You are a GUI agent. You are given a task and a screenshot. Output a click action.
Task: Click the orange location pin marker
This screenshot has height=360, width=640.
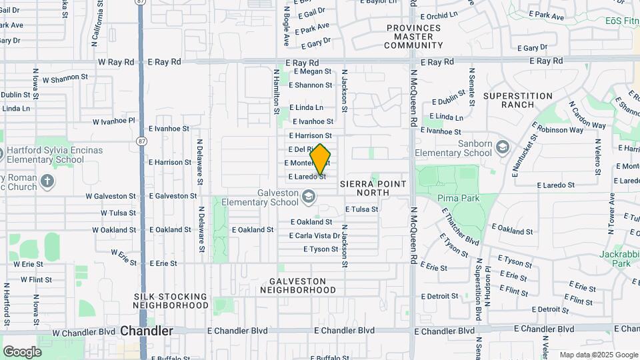click(x=321, y=159)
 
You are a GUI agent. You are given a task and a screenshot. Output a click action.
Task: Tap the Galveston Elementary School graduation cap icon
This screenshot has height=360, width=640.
click(x=308, y=197)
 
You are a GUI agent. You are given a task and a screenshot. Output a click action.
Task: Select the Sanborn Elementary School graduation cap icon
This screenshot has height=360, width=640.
click(x=502, y=147)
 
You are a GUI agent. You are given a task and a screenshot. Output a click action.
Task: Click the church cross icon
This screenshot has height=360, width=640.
click(x=47, y=181)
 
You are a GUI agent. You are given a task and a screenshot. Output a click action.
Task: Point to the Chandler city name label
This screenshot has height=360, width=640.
click(x=147, y=331)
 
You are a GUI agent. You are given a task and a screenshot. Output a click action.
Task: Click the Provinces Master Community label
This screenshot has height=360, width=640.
click(x=413, y=37)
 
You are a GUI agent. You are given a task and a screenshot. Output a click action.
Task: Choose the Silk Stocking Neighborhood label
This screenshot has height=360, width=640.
click(x=171, y=301)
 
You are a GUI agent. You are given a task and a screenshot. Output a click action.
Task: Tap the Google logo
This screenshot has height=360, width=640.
click(x=22, y=351)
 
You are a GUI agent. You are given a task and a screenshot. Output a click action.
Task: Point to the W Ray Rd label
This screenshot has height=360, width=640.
click(x=116, y=61)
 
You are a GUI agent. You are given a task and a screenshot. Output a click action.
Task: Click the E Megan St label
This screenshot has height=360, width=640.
click(x=311, y=71)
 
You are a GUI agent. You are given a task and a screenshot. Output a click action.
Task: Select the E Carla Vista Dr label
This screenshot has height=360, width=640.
click(x=315, y=235)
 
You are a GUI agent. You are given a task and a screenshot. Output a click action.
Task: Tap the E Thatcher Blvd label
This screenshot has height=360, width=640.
click(x=461, y=225)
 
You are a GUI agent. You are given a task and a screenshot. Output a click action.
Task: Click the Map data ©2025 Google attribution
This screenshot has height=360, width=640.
click(x=598, y=355)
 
